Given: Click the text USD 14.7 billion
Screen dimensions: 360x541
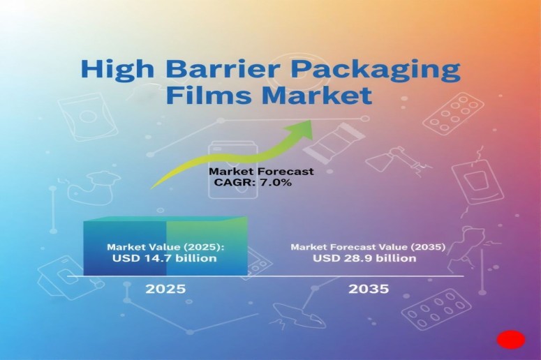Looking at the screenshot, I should coord(164,259).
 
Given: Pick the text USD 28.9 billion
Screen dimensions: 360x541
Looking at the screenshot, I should coord(364,259).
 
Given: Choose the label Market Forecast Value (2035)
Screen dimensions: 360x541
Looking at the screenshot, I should coord(368,247).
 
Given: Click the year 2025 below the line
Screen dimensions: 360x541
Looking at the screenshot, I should coord(165,288).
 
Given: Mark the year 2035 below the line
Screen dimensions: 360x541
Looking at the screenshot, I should coord(368,288).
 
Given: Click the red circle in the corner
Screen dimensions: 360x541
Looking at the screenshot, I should coord(510,340).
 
